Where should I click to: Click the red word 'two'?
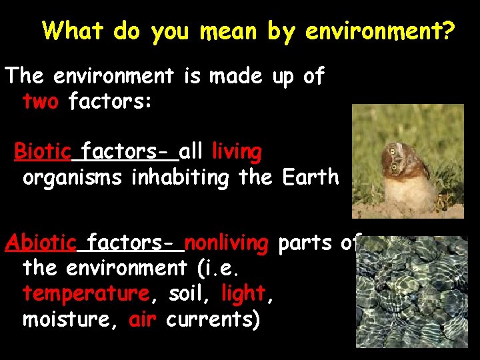[41, 102]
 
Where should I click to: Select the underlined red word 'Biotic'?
[43, 152]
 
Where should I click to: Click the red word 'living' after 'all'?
[237, 153]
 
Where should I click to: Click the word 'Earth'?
[311, 178]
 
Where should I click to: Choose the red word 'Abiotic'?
[40, 243]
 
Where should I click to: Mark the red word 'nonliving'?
[226, 243]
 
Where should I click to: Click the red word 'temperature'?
[85, 293]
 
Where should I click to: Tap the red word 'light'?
[243, 293]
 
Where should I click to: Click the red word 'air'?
[142, 319]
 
